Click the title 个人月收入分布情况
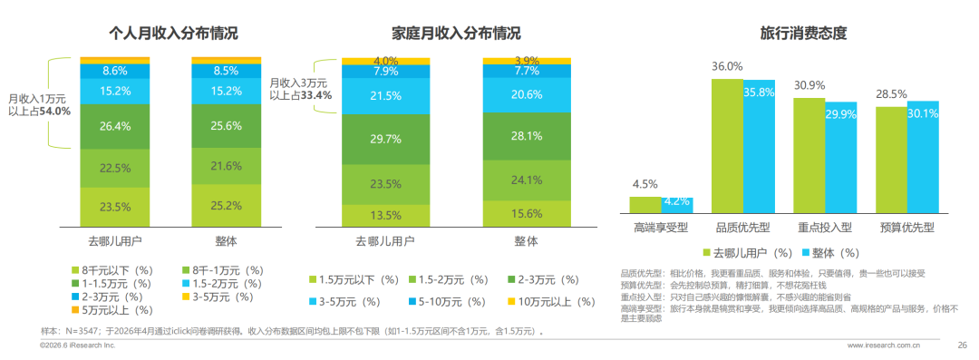tap(173, 33)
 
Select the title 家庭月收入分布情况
tap(456, 33)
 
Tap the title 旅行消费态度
tap(803, 33)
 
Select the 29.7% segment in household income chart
tap(385, 139)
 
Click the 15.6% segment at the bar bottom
tap(527, 214)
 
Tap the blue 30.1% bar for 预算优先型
tap(923, 158)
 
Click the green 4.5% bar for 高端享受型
tap(645, 206)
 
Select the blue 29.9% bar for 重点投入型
tap(841, 159)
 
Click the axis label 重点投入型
tap(825, 229)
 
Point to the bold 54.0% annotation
tap(56, 112)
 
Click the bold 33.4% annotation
tap(317, 95)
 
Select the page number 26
tap(962, 345)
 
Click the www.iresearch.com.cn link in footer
tap(884, 345)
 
